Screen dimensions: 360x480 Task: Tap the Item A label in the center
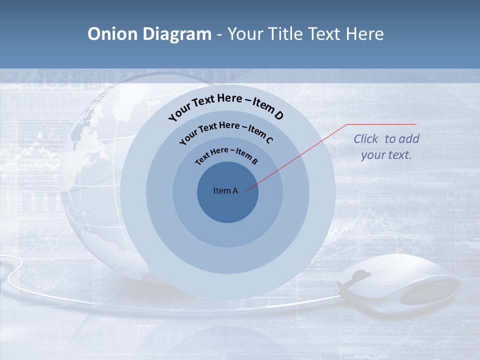pyautogui.click(x=225, y=190)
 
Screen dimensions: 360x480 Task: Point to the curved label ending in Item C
pyautogui.click(x=226, y=130)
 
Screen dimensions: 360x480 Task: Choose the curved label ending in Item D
pyautogui.click(x=226, y=105)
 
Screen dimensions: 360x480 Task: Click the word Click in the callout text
pyautogui.click(x=366, y=139)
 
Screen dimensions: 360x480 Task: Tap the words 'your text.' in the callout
pyautogui.click(x=386, y=155)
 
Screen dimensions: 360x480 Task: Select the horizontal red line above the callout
pyautogui.click(x=382, y=124)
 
